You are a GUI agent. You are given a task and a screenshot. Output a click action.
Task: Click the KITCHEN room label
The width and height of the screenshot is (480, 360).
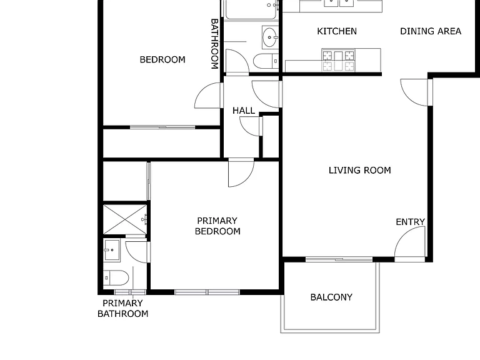pyautogui.click(x=337, y=31)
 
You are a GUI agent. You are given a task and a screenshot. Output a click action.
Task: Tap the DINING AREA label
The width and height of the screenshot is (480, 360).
pyautogui.click(x=431, y=31)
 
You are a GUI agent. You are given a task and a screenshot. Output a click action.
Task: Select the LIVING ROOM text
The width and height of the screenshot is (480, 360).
pyautogui.click(x=360, y=170)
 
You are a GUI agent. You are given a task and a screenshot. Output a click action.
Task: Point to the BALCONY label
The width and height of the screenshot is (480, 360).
pyautogui.click(x=331, y=297)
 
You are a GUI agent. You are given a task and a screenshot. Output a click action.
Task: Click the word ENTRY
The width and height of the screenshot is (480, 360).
pyautogui.click(x=410, y=222)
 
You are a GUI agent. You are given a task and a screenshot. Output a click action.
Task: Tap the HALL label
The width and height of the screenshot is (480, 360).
pyautogui.click(x=244, y=111)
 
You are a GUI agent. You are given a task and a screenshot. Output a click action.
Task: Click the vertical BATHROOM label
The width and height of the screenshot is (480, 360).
pyautogui.click(x=214, y=44)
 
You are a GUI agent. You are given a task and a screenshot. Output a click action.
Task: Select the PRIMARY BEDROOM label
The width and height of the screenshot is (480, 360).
pyautogui.click(x=217, y=226)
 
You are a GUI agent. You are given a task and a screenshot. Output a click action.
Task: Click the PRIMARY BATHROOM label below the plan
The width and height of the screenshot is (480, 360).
pyautogui.click(x=122, y=308)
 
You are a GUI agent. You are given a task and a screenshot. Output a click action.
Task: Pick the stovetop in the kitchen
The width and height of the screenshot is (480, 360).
pyautogui.click(x=338, y=60)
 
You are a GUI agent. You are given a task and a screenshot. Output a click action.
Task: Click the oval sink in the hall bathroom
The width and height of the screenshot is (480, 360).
pyautogui.click(x=270, y=37)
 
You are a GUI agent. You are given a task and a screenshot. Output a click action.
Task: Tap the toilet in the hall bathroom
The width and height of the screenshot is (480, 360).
pyautogui.click(x=266, y=61)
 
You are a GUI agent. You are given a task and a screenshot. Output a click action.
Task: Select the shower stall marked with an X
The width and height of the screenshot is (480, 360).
pyautogui.click(x=125, y=219)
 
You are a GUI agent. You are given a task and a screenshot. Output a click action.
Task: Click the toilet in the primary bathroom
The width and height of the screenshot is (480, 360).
pyautogui.click(x=116, y=277)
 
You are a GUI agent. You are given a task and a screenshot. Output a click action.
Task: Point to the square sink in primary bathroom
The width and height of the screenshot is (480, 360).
pyautogui.click(x=111, y=250)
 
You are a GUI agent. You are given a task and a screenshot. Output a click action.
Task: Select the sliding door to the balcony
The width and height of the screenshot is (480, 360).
pyautogui.click(x=339, y=259)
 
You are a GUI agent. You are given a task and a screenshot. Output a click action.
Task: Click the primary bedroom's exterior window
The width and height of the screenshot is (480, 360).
pyautogui.click(x=207, y=292)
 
